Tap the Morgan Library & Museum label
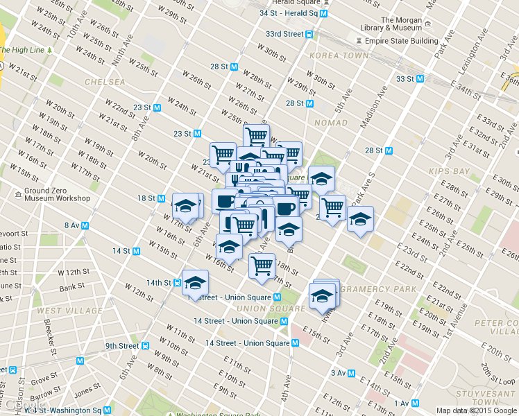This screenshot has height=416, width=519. [391, 24]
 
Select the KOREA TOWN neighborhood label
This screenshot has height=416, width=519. [339, 55]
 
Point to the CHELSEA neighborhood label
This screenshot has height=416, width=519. [105, 82]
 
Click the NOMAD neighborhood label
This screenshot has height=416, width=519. [330, 123]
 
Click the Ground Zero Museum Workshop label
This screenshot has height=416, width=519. [57, 194]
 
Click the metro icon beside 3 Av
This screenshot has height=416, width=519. [352, 373]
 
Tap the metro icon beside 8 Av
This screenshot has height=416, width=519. [85, 225]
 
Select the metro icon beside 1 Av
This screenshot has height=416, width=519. [415, 403]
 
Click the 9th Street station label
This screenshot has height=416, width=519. [122, 345]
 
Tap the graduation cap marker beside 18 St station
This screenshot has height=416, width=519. [185, 205]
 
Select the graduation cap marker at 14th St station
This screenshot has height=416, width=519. [196, 282]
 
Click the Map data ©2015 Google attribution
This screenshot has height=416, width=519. [476, 410]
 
